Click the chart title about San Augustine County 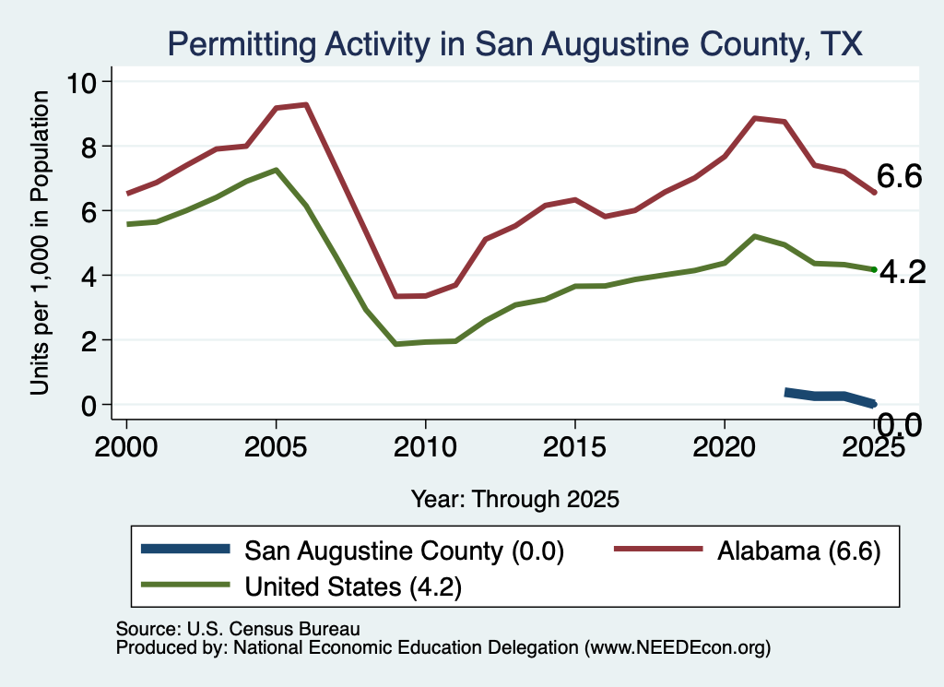click(x=514, y=44)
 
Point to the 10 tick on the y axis click(x=81, y=82)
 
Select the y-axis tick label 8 click(x=88, y=147)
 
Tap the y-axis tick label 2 click(x=88, y=341)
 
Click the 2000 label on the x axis click(x=126, y=447)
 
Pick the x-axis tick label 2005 click(x=276, y=447)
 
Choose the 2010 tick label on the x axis click(x=425, y=447)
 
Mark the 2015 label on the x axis click(x=574, y=447)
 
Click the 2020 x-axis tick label click(x=725, y=447)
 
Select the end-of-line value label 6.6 click(x=900, y=176)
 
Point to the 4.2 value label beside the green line click(x=903, y=272)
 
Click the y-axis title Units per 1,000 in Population click(x=40, y=243)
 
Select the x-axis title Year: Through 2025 click(x=514, y=499)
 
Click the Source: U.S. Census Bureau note click(x=238, y=629)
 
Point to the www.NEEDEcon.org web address click(x=678, y=648)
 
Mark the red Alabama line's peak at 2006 click(x=306, y=105)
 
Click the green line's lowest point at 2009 click(x=395, y=344)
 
